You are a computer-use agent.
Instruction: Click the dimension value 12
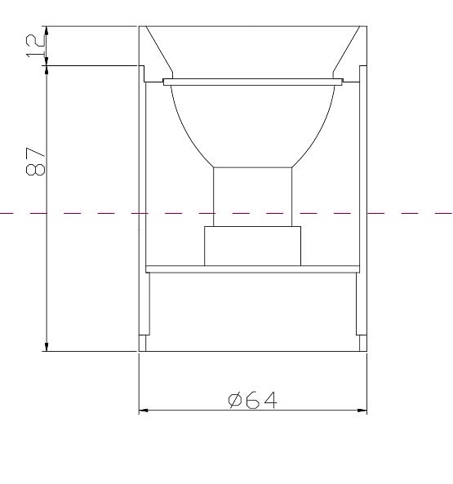tap(35, 46)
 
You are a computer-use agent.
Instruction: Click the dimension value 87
tap(35, 161)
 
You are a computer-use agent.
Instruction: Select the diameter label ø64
tap(252, 400)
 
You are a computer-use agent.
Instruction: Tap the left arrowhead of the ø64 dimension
tap(144, 411)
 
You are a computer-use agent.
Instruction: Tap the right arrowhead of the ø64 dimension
tap(362, 411)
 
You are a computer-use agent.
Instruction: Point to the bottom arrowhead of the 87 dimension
tap(47, 346)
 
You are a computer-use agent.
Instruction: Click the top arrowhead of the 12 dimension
tap(47, 31)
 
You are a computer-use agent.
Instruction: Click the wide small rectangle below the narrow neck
tap(252, 246)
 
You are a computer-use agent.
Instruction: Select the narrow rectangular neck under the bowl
tap(252, 197)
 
